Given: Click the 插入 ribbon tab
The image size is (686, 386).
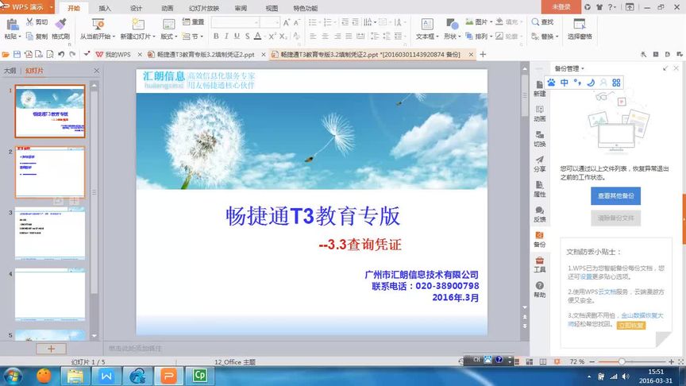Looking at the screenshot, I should point(105,8).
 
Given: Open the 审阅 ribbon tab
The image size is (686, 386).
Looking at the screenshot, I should point(241,8).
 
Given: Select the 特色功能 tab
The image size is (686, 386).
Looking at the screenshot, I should point(305,8).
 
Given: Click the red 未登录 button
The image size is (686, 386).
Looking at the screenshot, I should point(561,6).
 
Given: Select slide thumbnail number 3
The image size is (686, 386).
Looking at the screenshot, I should point(49,233).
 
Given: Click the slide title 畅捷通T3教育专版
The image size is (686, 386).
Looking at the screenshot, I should point(313,216).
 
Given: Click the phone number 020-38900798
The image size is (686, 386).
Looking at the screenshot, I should point(446,286).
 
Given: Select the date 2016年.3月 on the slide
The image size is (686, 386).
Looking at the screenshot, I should point(456,297).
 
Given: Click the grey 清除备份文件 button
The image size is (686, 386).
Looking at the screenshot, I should point(615,218).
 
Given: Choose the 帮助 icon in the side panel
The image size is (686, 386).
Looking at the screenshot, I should point(540,289).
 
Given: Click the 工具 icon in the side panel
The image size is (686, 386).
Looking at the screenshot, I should point(540,264).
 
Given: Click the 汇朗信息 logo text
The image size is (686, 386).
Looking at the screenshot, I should point(164,76).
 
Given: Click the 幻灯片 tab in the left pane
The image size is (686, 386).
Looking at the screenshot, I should point(35,71).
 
